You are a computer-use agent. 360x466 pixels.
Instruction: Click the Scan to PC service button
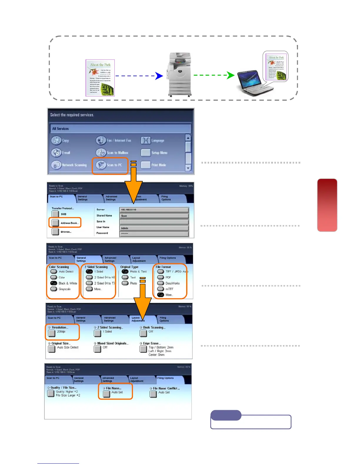(x=101, y=165)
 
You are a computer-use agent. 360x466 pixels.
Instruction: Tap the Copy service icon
(x=56, y=140)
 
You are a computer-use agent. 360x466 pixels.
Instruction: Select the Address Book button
(x=55, y=223)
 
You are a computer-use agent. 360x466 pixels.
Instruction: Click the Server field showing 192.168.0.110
(x=154, y=210)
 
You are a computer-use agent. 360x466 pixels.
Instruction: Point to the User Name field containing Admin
(x=154, y=228)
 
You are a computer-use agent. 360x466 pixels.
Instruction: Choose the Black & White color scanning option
(x=54, y=283)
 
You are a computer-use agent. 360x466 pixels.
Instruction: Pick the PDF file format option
(x=161, y=277)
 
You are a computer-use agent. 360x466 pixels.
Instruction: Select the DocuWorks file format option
(x=161, y=283)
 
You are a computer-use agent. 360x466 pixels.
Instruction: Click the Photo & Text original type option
(x=125, y=272)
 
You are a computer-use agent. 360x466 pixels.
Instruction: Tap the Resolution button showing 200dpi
(x=52, y=333)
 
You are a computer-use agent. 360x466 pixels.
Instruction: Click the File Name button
(x=107, y=394)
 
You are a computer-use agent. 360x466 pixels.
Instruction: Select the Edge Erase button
(x=143, y=349)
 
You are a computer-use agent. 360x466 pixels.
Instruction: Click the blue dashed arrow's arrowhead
(x=159, y=76)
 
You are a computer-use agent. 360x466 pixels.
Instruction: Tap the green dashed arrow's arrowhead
(x=231, y=75)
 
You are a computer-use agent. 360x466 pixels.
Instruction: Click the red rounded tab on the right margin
(x=327, y=205)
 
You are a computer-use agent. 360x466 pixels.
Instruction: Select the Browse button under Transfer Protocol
(x=55, y=232)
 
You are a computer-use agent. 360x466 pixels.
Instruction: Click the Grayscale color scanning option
(x=54, y=289)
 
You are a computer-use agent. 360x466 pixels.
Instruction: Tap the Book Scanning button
(x=143, y=333)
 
